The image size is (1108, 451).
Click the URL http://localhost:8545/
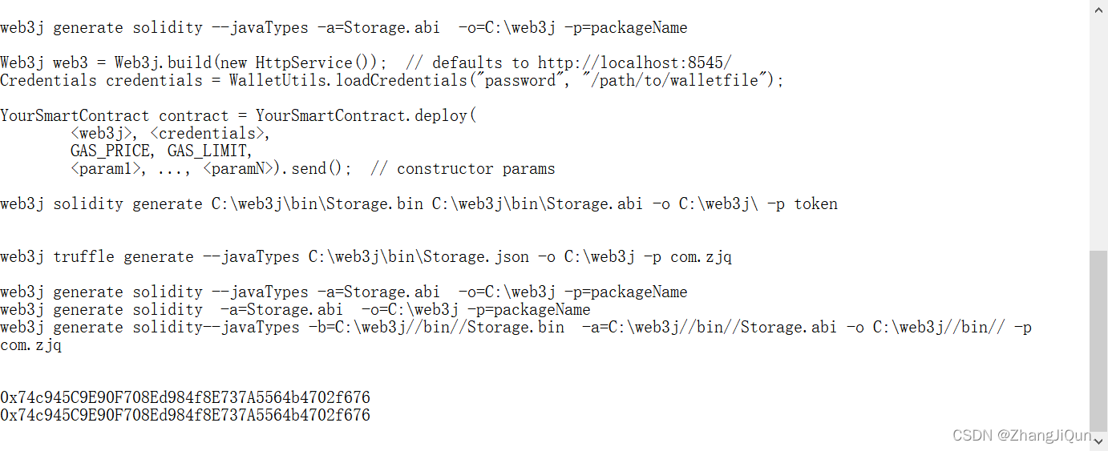pyautogui.click(x=634, y=62)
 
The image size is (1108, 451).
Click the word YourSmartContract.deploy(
pyautogui.click(x=366, y=115)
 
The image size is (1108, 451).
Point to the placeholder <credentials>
pyautogui.click(x=210, y=133)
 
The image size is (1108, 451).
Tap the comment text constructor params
pyautogui.click(x=475, y=168)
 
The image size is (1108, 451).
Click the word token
pyautogui.click(x=815, y=203)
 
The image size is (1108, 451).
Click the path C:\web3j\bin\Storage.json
pyautogui.click(x=419, y=256)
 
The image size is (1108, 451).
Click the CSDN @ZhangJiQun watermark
pyautogui.click(x=1021, y=436)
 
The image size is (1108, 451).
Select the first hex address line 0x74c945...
pyautogui.click(x=185, y=397)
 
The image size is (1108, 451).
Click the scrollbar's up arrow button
pyautogui.click(x=1098, y=9)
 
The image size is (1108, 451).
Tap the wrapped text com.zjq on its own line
pyautogui.click(x=30, y=344)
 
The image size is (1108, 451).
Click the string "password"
pyautogui.click(x=520, y=80)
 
